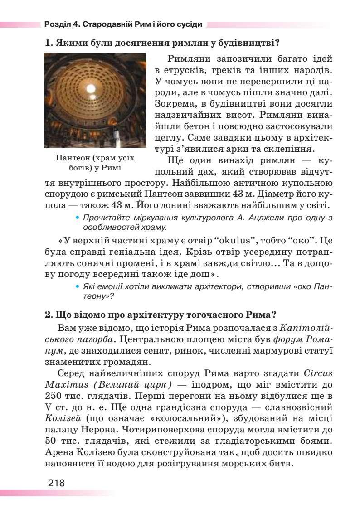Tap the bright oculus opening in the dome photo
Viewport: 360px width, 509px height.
click(x=91, y=88)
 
